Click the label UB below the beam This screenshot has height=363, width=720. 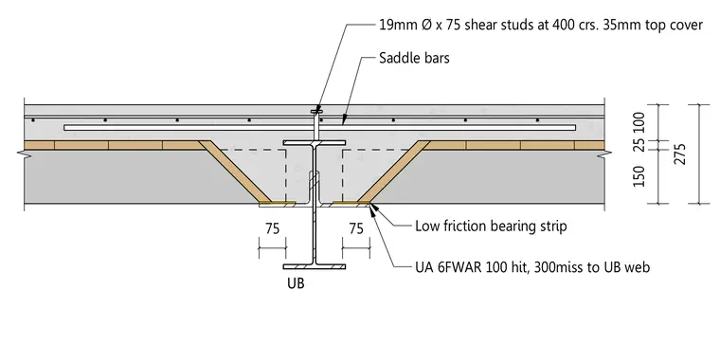coord(296,283)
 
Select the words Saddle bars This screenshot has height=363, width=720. coord(414,58)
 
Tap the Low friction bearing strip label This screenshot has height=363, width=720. coord(491,227)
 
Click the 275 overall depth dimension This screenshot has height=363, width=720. coord(681,154)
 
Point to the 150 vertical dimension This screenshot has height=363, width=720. coord(639,176)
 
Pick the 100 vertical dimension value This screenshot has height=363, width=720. coord(639,121)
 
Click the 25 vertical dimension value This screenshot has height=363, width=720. coord(639,143)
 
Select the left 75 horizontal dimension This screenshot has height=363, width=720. coord(272,228)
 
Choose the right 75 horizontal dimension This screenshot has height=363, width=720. coord(356,228)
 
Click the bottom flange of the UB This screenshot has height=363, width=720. coord(315,266)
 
